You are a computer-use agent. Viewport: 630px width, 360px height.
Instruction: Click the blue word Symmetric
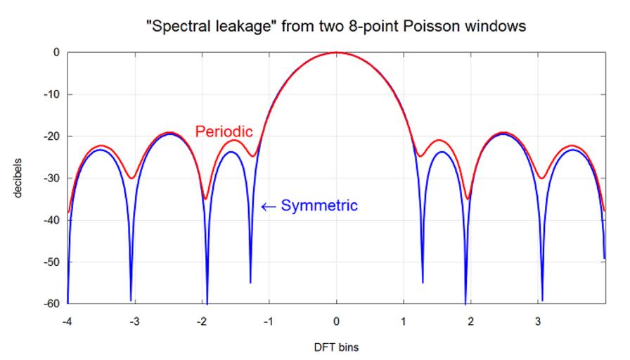pyautogui.click(x=319, y=206)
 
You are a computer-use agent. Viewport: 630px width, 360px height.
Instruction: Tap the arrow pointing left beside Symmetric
pyautogui.click(x=267, y=206)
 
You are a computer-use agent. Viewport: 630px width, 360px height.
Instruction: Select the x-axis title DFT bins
pyautogui.click(x=336, y=347)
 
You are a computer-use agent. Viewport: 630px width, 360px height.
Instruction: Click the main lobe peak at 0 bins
pyautogui.click(x=336, y=53)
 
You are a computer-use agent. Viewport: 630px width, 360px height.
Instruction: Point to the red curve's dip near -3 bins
pyautogui.click(x=131, y=178)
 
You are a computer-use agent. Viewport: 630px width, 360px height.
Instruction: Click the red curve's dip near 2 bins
pyautogui.click(x=468, y=198)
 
